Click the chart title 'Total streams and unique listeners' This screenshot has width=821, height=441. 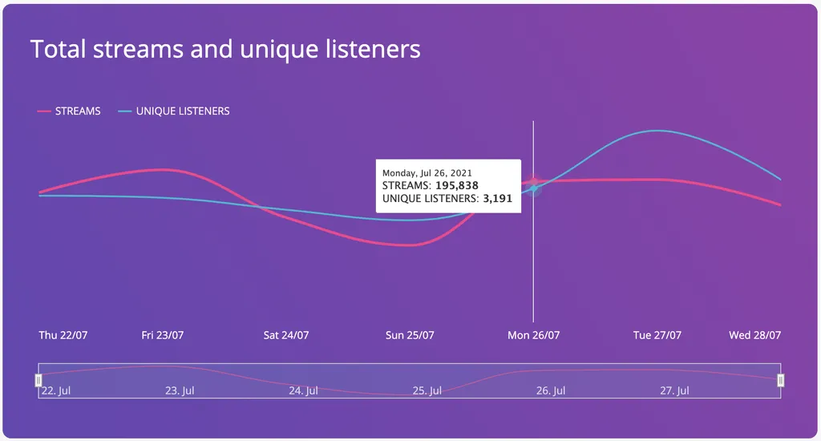[225, 49]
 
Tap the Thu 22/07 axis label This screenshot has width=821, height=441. [63, 335]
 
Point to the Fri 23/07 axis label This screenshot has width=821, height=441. [163, 335]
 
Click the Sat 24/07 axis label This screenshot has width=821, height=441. [286, 335]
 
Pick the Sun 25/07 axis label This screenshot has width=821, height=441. [410, 335]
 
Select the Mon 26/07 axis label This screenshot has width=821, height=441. [533, 335]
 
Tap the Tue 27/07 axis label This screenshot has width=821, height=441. [657, 335]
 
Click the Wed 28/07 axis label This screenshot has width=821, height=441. [754, 335]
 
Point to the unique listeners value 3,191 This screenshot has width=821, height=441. [497, 198]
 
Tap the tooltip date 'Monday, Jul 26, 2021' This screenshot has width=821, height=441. [427, 172]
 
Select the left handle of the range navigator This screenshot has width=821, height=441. [38, 380]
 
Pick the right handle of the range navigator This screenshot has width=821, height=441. [781, 380]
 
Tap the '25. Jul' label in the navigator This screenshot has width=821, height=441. [427, 391]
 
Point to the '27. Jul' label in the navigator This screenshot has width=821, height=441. [675, 391]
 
